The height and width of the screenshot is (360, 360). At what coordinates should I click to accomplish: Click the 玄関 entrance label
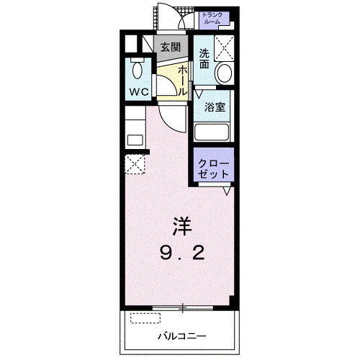(170, 48)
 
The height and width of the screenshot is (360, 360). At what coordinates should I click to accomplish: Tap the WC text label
(138, 93)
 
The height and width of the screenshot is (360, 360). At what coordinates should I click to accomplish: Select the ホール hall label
(183, 78)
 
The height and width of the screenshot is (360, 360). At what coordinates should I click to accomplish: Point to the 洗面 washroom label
(204, 58)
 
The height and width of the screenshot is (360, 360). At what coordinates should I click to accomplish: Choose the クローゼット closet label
(214, 169)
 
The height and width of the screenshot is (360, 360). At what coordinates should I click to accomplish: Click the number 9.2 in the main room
(181, 253)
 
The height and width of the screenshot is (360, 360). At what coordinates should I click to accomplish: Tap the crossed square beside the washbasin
(225, 47)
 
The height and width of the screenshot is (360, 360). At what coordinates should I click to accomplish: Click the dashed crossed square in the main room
(135, 165)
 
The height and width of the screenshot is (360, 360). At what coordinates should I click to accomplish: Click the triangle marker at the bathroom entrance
(199, 93)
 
